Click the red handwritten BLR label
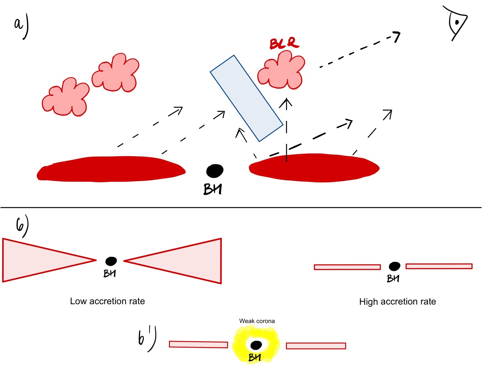[284, 43]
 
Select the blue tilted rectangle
[246, 98]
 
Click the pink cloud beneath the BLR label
[281, 71]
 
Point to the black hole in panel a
[215, 171]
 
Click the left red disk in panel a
[111, 169]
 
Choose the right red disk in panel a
[314, 168]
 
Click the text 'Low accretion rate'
[107, 301]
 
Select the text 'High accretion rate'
[398, 301]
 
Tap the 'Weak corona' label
[257, 321]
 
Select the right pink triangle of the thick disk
[188, 261]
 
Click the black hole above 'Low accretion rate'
[111, 261]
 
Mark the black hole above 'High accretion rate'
[394, 266]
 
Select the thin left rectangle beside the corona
[198, 344]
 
